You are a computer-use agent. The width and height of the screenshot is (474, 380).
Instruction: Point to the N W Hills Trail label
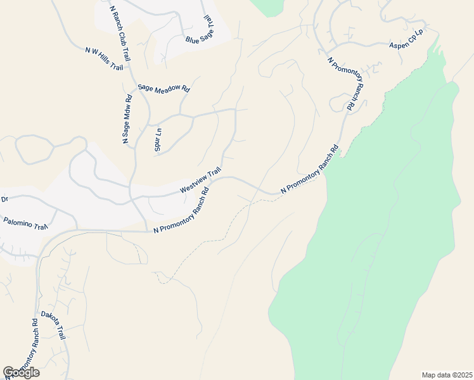click(x=104, y=58)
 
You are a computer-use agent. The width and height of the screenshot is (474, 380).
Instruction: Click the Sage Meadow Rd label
click(x=163, y=89)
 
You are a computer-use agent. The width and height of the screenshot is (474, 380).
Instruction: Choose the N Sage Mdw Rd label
click(x=127, y=119)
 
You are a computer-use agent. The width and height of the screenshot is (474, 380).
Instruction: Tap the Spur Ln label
click(x=158, y=139)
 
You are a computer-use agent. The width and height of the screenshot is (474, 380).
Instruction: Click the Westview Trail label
click(x=200, y=180)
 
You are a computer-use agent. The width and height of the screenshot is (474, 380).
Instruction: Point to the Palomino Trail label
click(x=25, y=222)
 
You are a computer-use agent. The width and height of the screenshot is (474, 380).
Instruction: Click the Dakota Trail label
click(x=53, y=324)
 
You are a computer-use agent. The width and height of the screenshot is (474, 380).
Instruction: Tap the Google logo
click(x=21, y=372)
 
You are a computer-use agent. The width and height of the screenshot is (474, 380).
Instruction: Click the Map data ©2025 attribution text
click(x=446, y=375)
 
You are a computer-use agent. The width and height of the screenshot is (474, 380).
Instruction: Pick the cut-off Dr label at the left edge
click(x=4, y=199)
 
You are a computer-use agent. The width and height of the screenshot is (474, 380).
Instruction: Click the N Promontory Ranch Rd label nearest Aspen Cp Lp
click(x=346, y=83)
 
